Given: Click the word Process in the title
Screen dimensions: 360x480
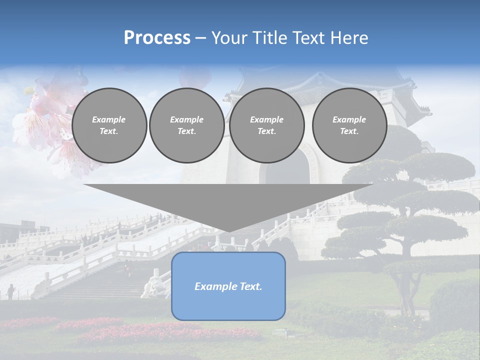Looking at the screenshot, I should point(157,38).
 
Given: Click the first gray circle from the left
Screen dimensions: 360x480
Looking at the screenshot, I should point(109,125).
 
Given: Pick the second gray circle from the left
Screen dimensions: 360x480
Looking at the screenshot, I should point(186,125).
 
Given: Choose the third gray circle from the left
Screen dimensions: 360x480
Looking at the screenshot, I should point(266,125).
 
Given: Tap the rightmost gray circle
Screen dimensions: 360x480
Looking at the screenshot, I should point(349,125).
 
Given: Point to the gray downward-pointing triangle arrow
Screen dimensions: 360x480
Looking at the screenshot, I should point(228,202).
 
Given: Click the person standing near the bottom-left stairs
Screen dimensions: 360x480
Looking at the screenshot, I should point(10,291).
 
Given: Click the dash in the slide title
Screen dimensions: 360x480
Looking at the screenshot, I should point(200,38).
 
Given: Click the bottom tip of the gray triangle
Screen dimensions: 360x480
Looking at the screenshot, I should point(229,230).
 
